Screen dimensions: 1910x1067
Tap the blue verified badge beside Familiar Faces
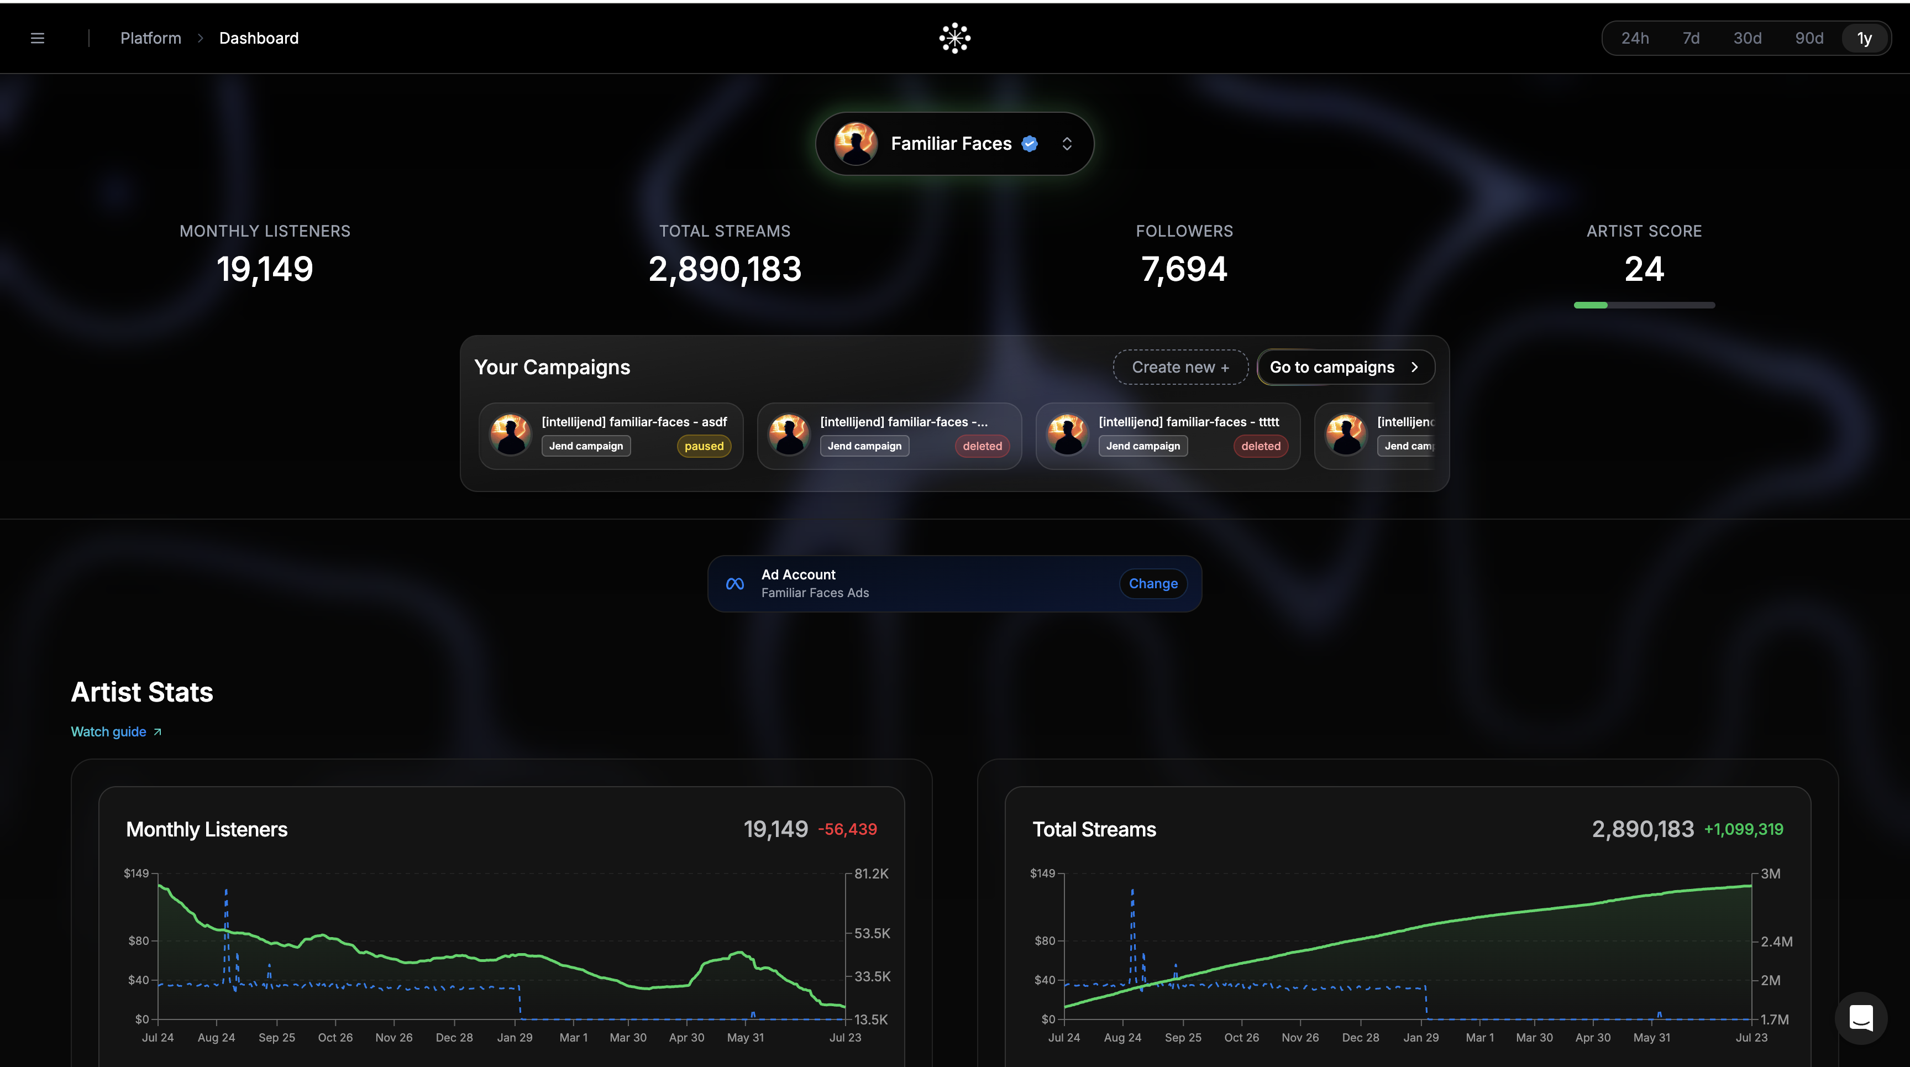(1030, 144)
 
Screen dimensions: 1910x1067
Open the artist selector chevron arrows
(1067, 144)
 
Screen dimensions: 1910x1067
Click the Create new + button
(1180, 367)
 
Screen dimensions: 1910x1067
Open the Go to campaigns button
(1346, 367)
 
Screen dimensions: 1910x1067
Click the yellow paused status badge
(704, 446)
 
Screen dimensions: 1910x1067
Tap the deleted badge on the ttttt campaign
(1261, 446)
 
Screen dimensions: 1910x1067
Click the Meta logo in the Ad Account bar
(735, 584)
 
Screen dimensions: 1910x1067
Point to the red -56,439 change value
(847, 829)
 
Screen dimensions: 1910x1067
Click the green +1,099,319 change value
(1744, 829)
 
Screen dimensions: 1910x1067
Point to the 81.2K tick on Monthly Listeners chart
(871, 874)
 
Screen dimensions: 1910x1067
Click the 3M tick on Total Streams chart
(1771, 874)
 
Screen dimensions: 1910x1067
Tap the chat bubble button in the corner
(1861, 1018)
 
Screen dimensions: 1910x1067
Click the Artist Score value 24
(1644, 269)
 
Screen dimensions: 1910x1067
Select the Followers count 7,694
(1184, 269)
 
